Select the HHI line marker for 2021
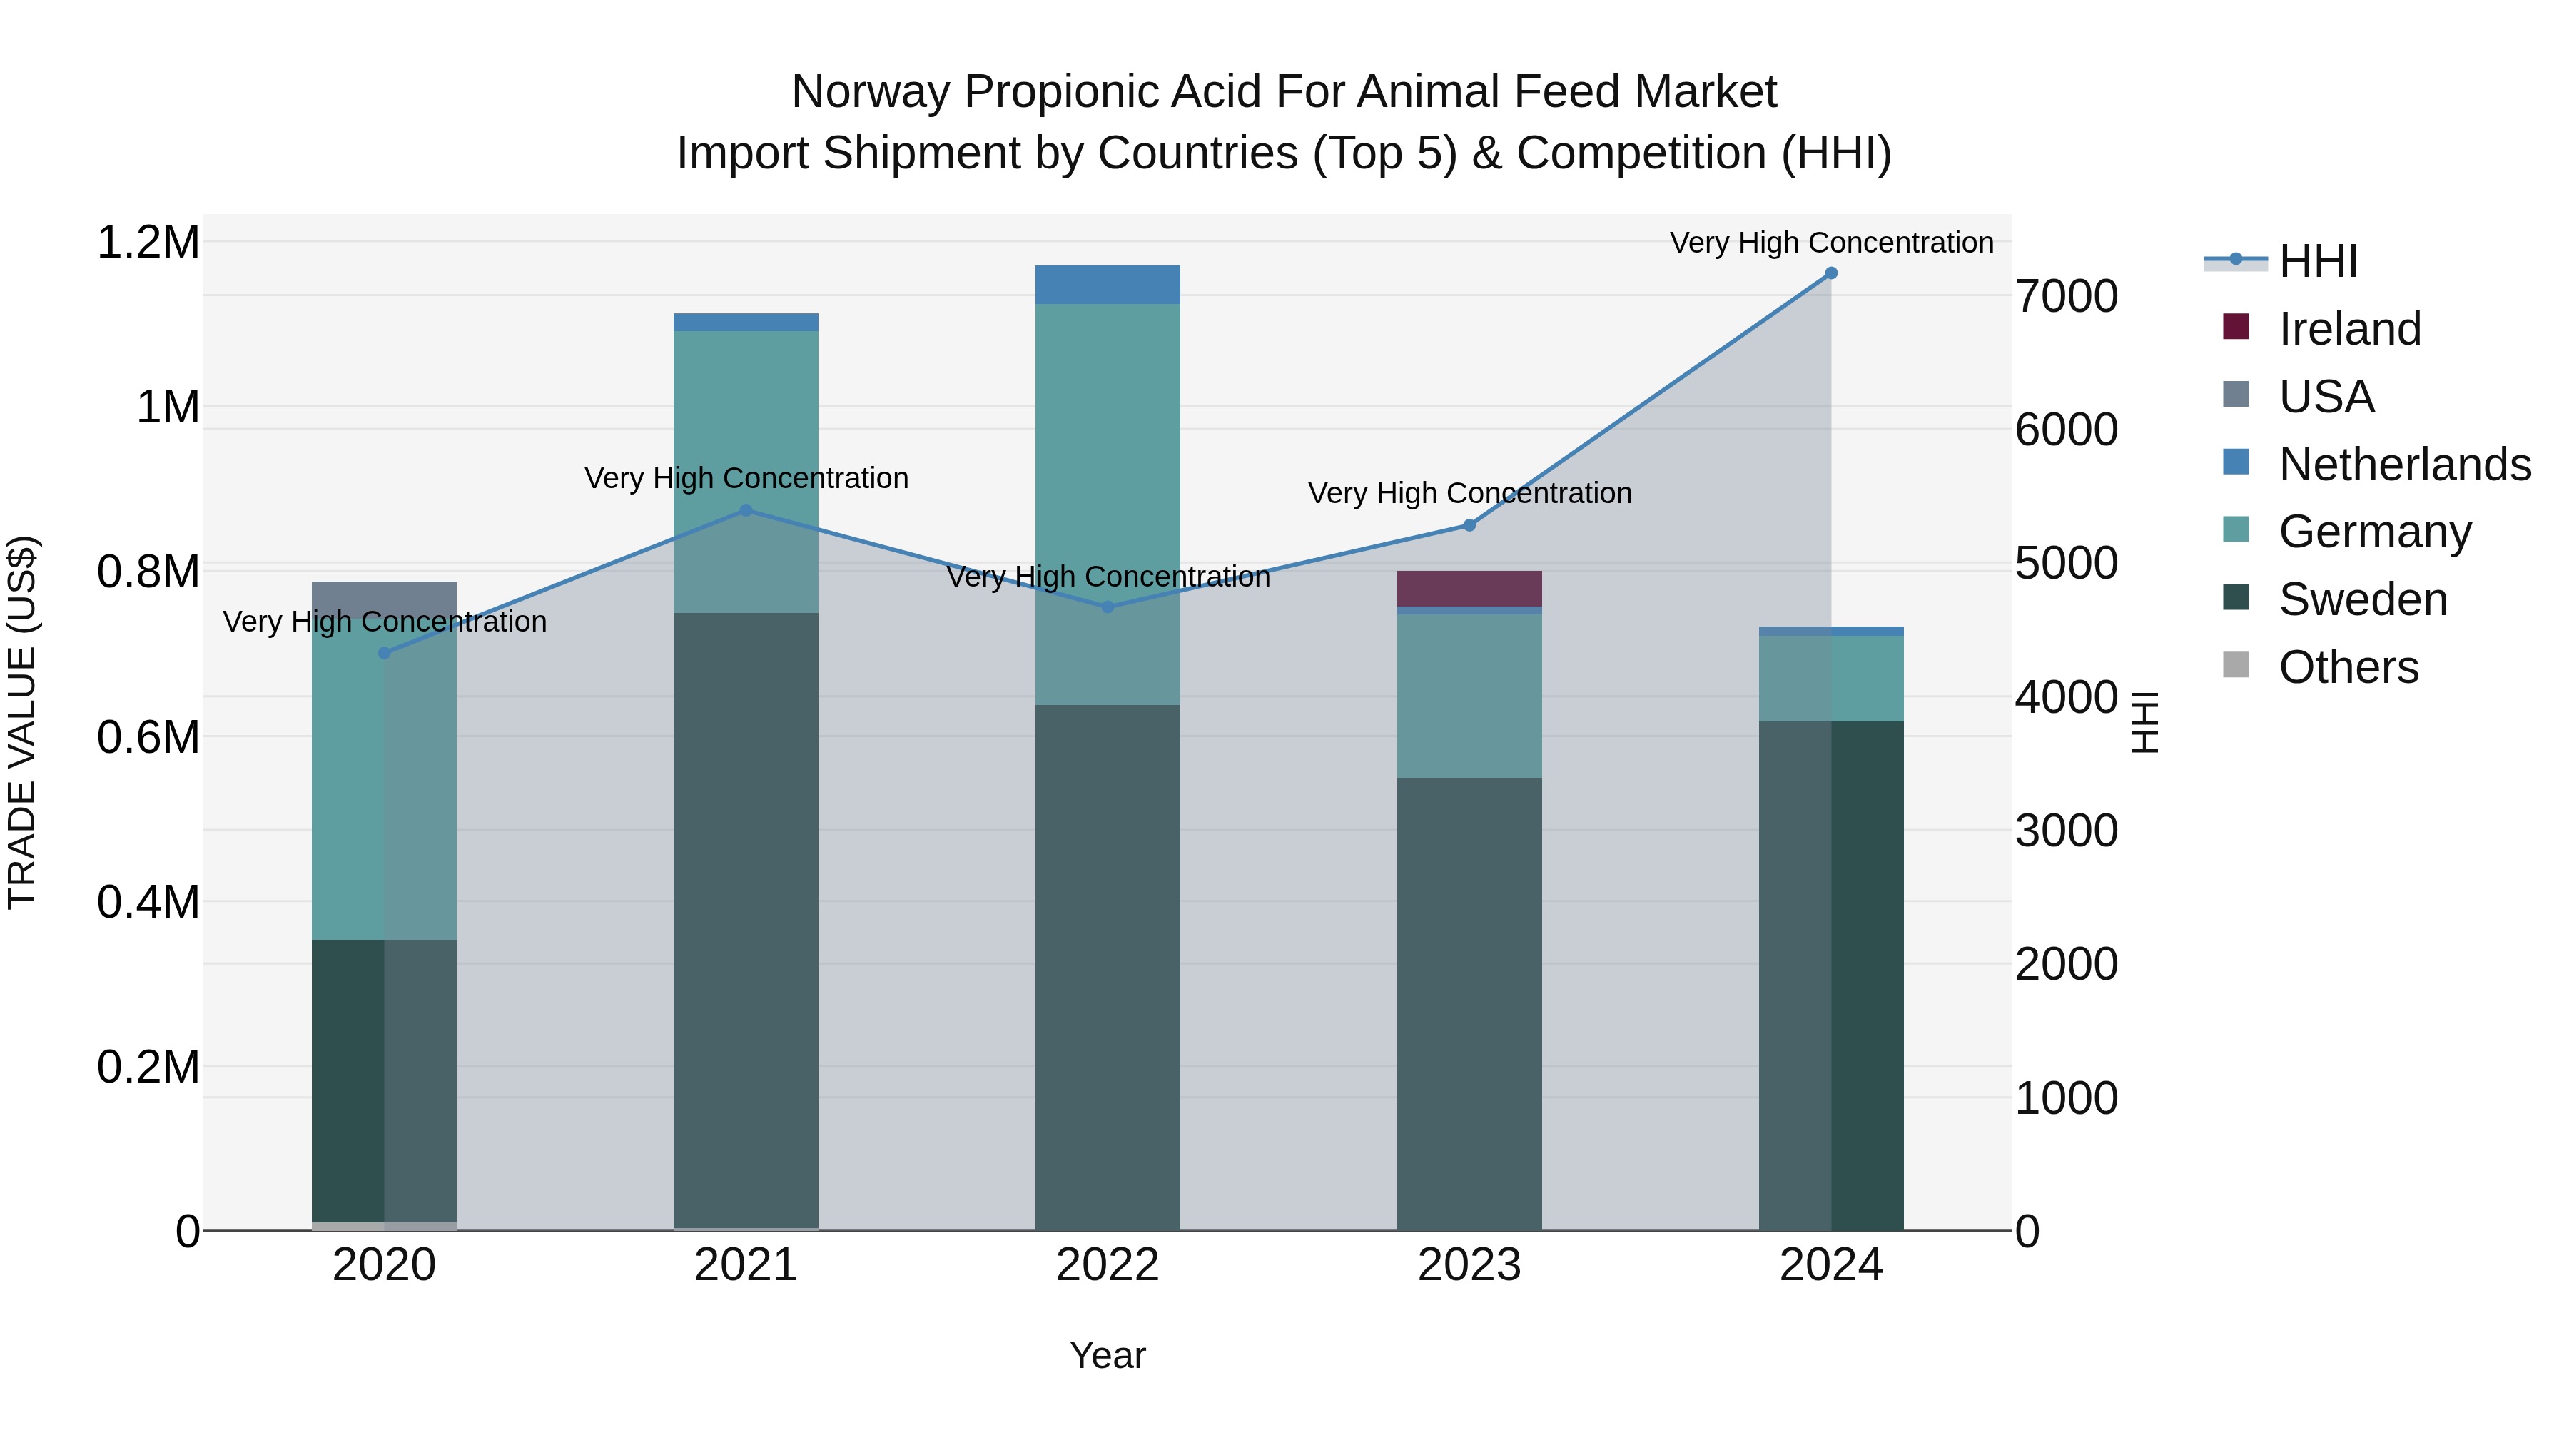click(746, 511)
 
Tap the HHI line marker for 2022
click(1107, 607)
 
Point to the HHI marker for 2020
click(385, 653)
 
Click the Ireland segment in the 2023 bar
click(1469, 589)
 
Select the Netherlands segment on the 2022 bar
click(1107, 284)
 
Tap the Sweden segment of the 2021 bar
click(746, 918)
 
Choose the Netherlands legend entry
click(2403, 465)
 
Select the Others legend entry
click(2348, 667)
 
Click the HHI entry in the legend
click(2318, 261)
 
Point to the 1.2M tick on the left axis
click(148, 243)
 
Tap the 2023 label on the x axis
click(1469, 1265)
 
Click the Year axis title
click(1107, 1355)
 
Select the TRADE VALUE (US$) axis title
click(22, 722)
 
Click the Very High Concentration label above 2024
click(1831, 243)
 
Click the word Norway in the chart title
click(870, 92)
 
